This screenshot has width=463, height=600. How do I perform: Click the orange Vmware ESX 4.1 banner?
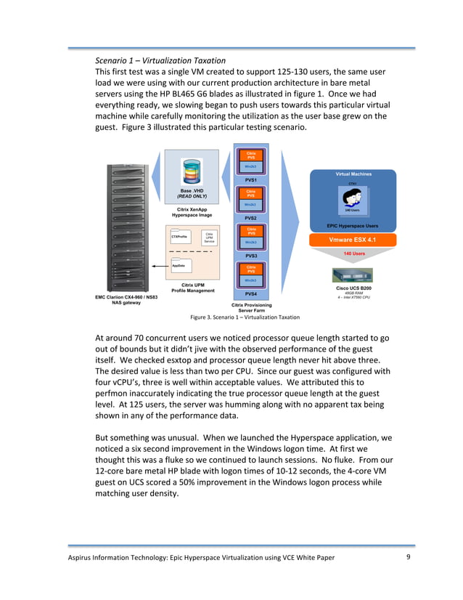tap(351, 239)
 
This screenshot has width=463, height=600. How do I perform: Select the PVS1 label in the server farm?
tap(251, 179)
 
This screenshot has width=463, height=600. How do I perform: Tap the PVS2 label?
tap(251, 217)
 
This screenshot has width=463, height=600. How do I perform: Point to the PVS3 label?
tap(251, 256)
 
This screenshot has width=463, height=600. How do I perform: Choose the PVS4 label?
tap(251, 294)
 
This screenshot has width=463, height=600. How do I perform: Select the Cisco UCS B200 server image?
tap(351, 275)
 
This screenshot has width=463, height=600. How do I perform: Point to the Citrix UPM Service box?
tap(208, 238)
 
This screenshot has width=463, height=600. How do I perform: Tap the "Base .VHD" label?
tap(192, 190)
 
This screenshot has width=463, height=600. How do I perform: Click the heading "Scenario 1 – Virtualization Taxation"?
tap(160, 60)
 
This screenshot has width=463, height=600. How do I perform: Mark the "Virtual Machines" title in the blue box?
tap(353, 174)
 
